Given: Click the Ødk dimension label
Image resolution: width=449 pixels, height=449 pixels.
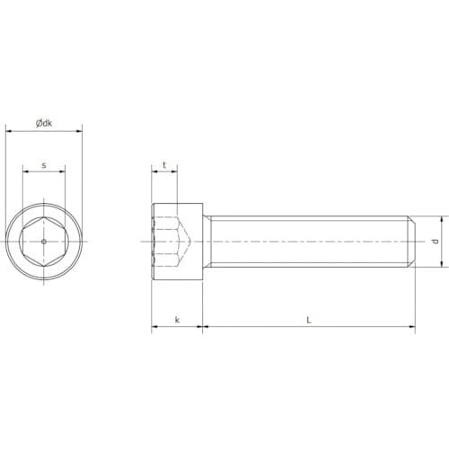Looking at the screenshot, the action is click(x=44, y=123).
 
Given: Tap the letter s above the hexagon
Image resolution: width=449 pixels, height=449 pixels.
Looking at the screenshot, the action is click(x=44, y=165).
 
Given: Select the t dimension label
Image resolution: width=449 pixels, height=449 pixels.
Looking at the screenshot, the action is click(x=164, y=165).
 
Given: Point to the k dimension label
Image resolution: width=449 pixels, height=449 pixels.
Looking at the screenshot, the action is click(x=177, y=320).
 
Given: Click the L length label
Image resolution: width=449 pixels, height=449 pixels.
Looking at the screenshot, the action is click(x=309, y=320).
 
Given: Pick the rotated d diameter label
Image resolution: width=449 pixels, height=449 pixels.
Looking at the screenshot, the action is click(x=436, y=242).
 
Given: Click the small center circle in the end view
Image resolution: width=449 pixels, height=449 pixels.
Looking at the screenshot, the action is click(x=44, y=242).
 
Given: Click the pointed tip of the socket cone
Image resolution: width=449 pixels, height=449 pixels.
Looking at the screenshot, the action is click(x=191, y=242).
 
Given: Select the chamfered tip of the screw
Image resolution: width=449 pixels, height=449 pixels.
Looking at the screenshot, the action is click(x=411, y=242).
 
